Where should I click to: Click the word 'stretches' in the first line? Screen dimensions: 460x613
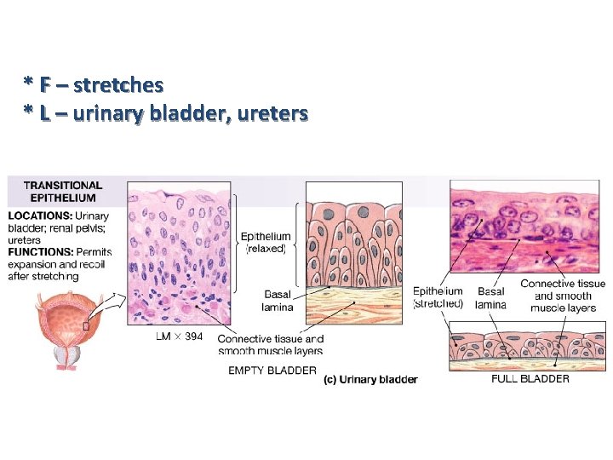(x=118, y=85)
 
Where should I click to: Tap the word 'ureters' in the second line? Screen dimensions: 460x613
(x=271, y=112)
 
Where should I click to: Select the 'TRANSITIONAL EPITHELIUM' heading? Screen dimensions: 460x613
(x=63, y=192)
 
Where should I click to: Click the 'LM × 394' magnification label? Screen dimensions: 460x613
(x=179, y=337)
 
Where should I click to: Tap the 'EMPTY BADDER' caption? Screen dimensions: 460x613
(x=272, y=371)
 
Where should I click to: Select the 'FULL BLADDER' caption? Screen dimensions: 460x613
(x=530, y=378)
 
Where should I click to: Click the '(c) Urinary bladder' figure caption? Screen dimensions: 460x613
(x=370, y=380)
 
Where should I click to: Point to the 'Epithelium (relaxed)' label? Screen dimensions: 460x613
(x=266, y=243)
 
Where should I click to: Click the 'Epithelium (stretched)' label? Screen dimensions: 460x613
(x=438, y=297)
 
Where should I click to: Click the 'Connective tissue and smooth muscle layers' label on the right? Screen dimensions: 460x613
(x=562, y=295)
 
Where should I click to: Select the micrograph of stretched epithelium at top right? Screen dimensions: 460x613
(x=527, y=226)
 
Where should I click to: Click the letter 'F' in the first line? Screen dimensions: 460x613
(x=43, y=85)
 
